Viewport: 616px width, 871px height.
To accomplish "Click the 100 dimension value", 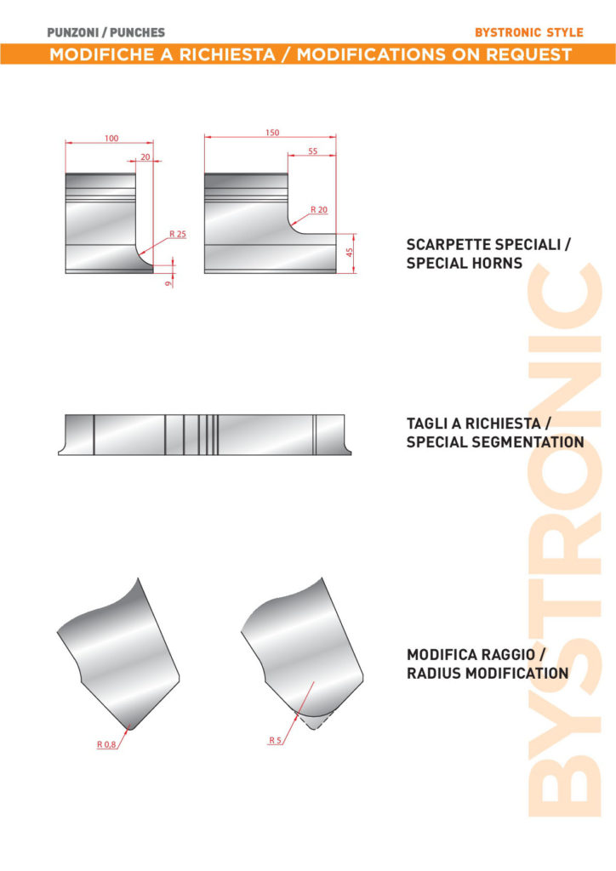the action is point(111,139).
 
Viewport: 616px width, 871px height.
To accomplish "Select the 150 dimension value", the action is point(272,133).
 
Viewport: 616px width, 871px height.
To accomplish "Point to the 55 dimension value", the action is point(313,151).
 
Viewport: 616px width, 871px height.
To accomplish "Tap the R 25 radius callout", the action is point(178,234).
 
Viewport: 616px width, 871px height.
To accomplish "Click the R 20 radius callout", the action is point(319,209).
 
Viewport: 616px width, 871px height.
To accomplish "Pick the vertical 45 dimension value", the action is point(350,252).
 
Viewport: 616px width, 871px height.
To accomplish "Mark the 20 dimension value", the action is point(145,157).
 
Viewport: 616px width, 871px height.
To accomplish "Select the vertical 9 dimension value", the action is point(168,283).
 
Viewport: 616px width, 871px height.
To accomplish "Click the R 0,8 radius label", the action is point(106,744).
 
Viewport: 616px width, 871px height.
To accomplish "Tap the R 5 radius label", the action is point(276,740).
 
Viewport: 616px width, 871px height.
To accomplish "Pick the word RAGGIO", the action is point(499,654).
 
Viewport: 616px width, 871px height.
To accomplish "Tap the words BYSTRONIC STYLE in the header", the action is point(529,32).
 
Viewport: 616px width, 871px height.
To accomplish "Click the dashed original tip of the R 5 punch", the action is point(314,722).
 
